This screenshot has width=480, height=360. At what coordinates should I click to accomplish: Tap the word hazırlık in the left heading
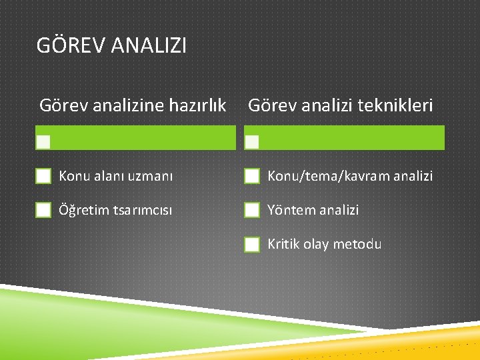click(x=199, y=105)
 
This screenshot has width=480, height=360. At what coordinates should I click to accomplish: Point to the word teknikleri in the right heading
click(x=398, y=105)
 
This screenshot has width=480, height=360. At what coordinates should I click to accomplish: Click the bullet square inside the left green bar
click(x=43, y=141)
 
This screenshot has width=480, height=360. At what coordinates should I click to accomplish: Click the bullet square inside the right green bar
click(x=252, y=141)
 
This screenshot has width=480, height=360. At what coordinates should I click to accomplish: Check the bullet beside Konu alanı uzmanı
click(x=43, y=176)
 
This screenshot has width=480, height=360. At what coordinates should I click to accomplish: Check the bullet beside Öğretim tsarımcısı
click(x=43, y=210)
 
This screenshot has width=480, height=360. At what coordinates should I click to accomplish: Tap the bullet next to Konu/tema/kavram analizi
click(x=252, y=176)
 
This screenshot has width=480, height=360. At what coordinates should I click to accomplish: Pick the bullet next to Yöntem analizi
click(x=252, y=210)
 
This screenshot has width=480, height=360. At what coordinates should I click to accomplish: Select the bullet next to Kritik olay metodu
click(x=252, y=245)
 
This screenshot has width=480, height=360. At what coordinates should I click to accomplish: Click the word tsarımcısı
click(x=140, y=211)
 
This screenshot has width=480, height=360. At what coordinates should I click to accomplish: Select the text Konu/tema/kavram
click(x=321, y=177)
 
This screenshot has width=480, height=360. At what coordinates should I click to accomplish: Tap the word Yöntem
click(x=291, y=211)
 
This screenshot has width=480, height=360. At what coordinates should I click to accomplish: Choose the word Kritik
click(x=284, y=245)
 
